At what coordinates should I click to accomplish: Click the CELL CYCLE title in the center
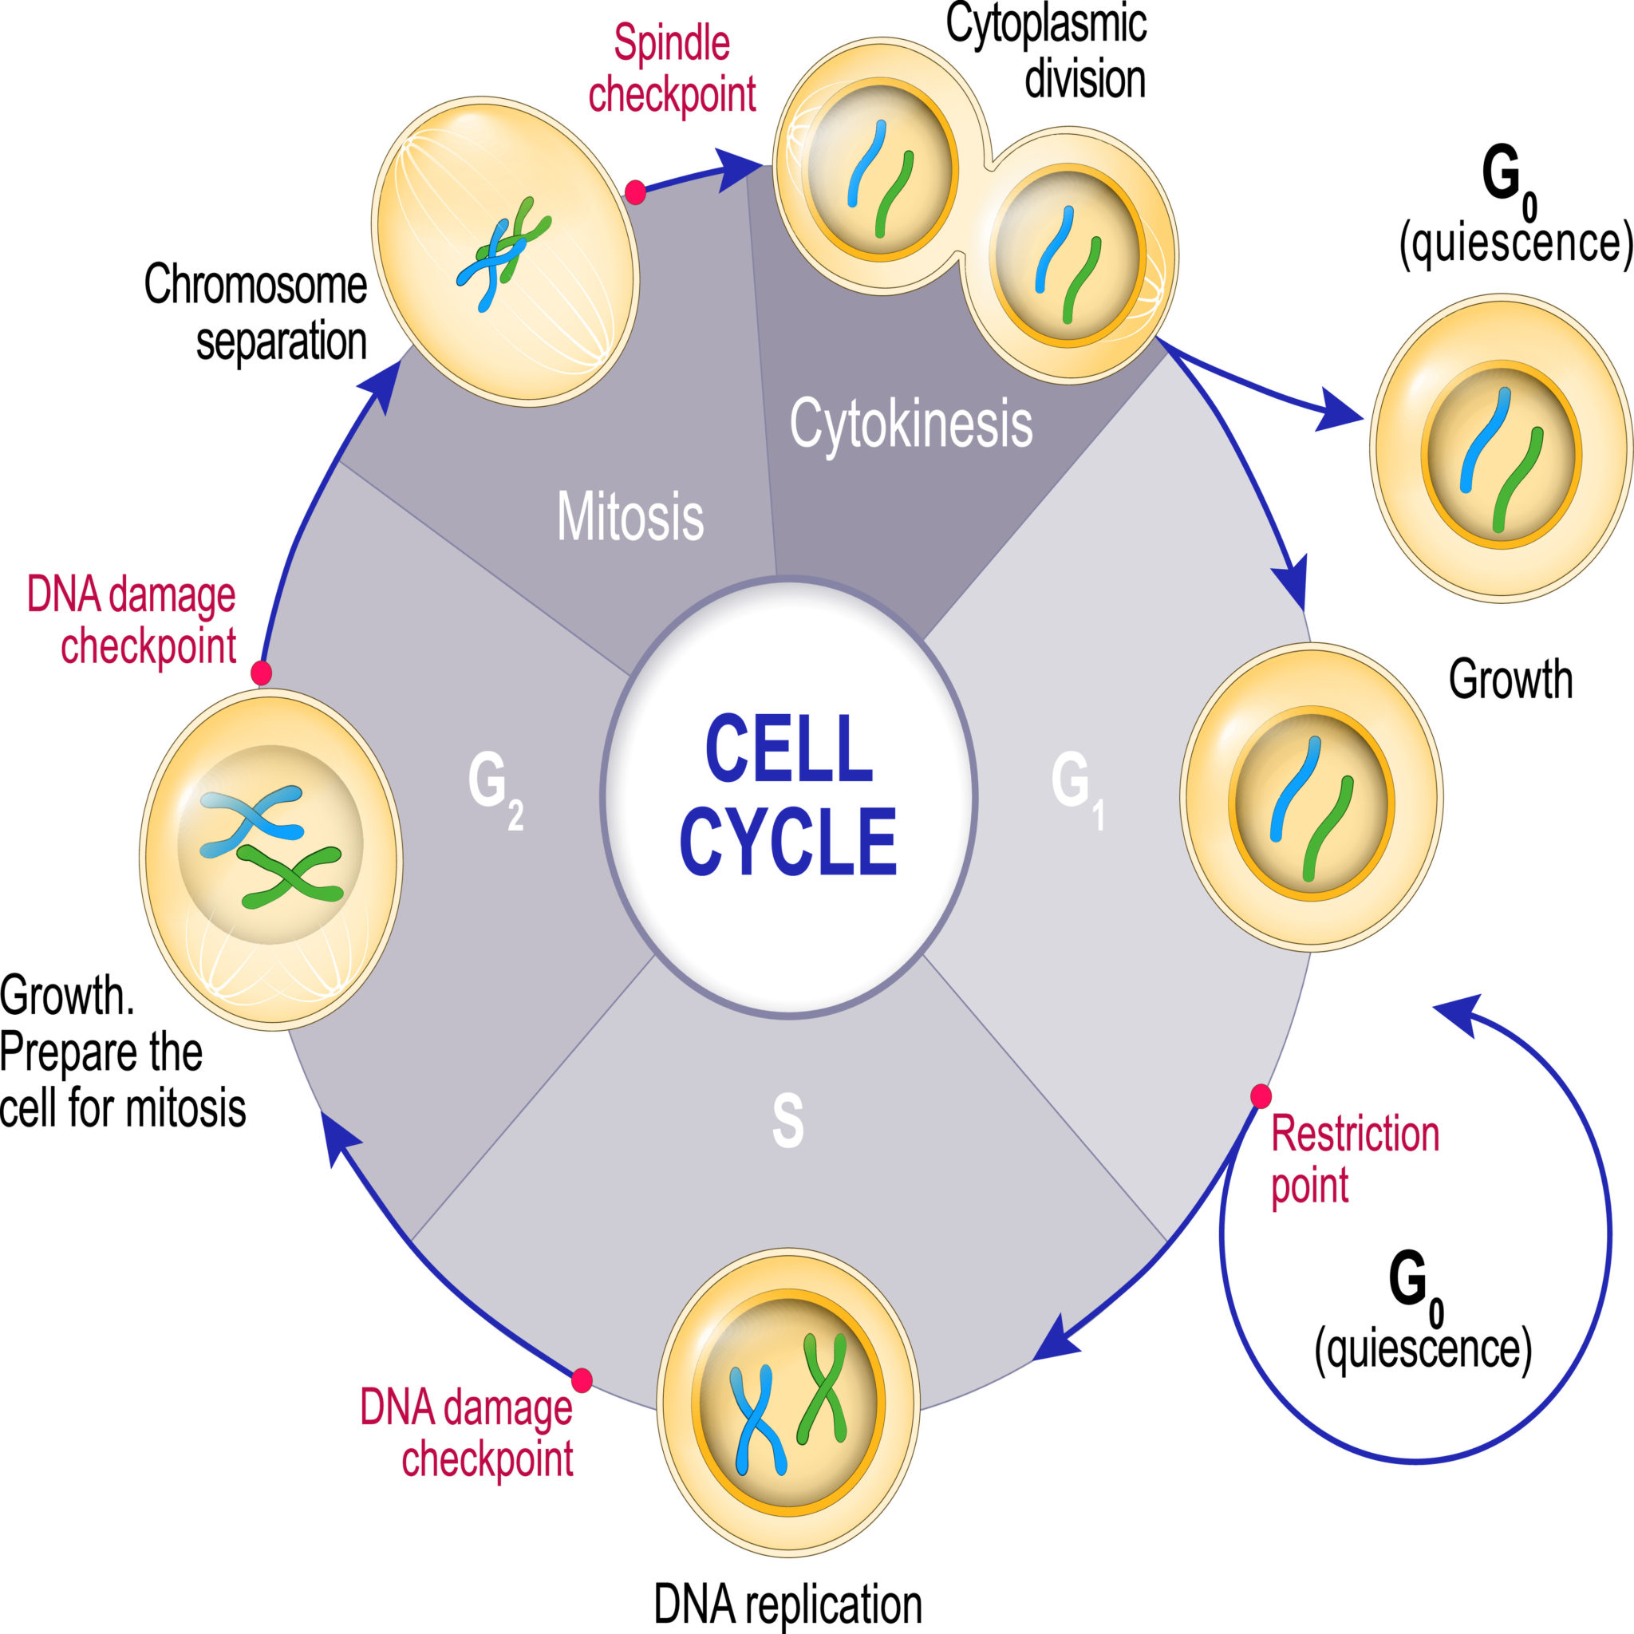click(788, 795)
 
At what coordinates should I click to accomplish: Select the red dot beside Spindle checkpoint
click(635, 193)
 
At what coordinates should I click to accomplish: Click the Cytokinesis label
click(911, 423)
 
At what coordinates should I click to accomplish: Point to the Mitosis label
click(630, 516)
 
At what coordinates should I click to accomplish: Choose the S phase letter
click(787, 1122)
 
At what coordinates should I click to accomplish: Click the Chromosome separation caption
click(255, 313)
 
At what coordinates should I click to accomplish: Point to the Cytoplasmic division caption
click(1046, 53)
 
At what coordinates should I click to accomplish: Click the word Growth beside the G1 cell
click(1510, 679)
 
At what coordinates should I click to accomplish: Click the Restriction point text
click(1354, 1159)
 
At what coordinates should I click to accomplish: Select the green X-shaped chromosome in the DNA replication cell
click(822, 1388)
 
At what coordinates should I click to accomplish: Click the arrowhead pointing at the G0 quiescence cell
click(1340, 412)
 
